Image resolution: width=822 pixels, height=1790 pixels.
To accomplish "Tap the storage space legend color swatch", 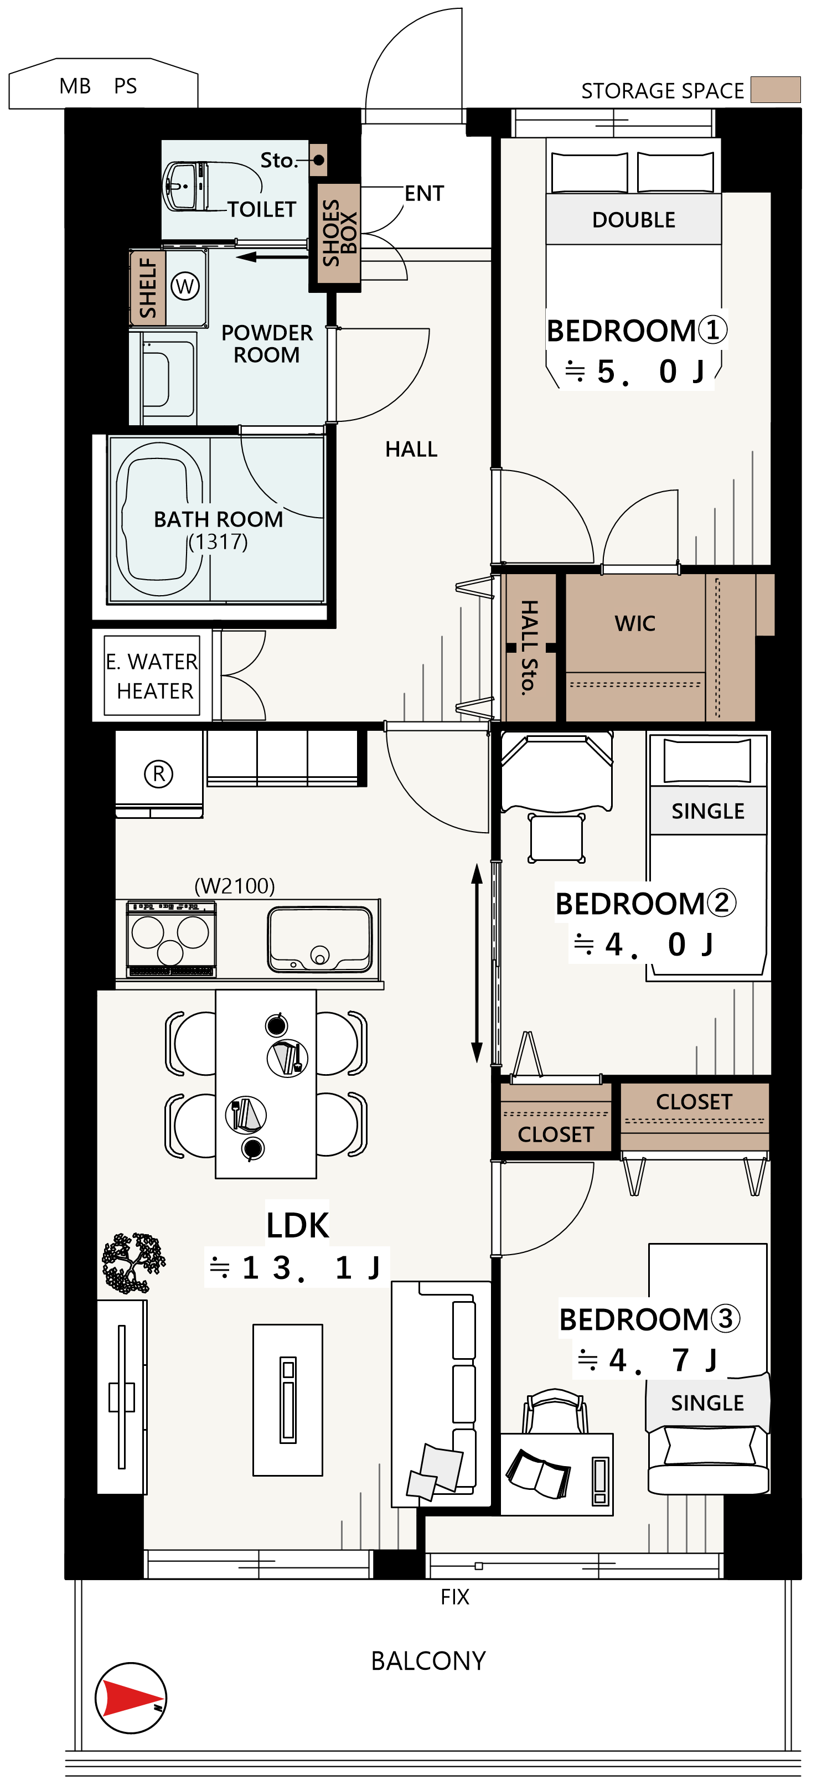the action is (776, 90).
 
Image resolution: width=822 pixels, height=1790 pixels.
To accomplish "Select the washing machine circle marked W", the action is (185, 286).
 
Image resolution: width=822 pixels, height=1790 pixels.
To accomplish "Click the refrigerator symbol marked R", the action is (158, 773).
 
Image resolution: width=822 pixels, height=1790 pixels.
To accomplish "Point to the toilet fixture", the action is (185, 185).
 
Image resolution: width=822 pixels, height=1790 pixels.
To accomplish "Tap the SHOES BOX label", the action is (339, 233).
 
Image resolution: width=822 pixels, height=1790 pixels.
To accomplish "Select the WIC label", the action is (634, 623).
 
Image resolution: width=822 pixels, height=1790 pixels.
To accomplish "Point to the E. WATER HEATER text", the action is (152, 675).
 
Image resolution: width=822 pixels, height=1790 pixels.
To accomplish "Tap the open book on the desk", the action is (538, 1474).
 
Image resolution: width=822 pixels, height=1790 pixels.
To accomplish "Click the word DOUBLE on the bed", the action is (634, 220).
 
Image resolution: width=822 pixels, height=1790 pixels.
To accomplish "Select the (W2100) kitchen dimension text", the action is (235, 886).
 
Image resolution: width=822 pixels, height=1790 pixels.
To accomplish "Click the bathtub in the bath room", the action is (159, 518).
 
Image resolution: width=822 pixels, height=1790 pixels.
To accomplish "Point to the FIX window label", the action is (455, 1596).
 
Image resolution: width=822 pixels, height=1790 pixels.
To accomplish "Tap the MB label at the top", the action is (75, 86).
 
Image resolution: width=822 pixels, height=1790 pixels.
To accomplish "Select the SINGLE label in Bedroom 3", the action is (707, 1402).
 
